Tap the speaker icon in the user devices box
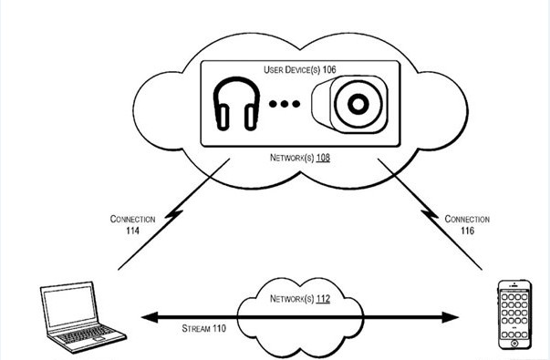349,104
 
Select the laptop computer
83,317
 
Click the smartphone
514,314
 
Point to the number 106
329,69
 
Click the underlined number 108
323,158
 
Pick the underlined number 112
323,298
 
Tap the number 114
132,231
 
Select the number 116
467,231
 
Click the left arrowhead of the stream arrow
149,317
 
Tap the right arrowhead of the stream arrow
450,317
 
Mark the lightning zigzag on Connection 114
173,214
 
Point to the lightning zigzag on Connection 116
430,214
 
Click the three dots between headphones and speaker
285,103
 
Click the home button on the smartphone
514,343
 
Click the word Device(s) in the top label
302,69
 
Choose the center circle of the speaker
358,104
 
